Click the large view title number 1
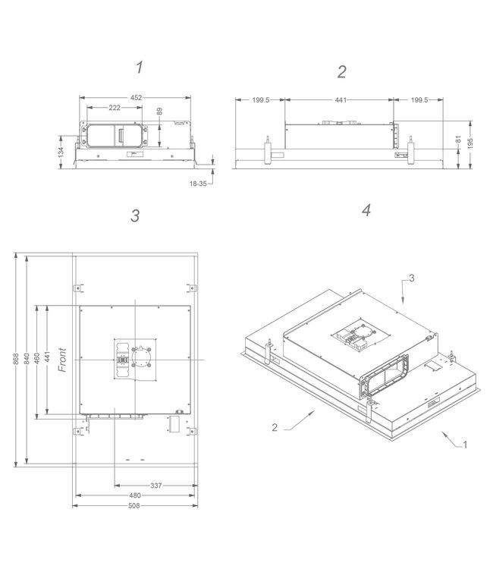click(140, 68)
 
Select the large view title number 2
click(342, 71)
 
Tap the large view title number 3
click(135, 215)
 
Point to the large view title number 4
click(366, 210)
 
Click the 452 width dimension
click(135, 97)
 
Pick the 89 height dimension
click(160, 112)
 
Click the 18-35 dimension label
click(201, 182)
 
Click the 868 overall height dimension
click(15, 360)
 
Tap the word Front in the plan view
click(63, 360)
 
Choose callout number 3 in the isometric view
click(412, 279)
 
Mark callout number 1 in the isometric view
click(465, 445)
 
